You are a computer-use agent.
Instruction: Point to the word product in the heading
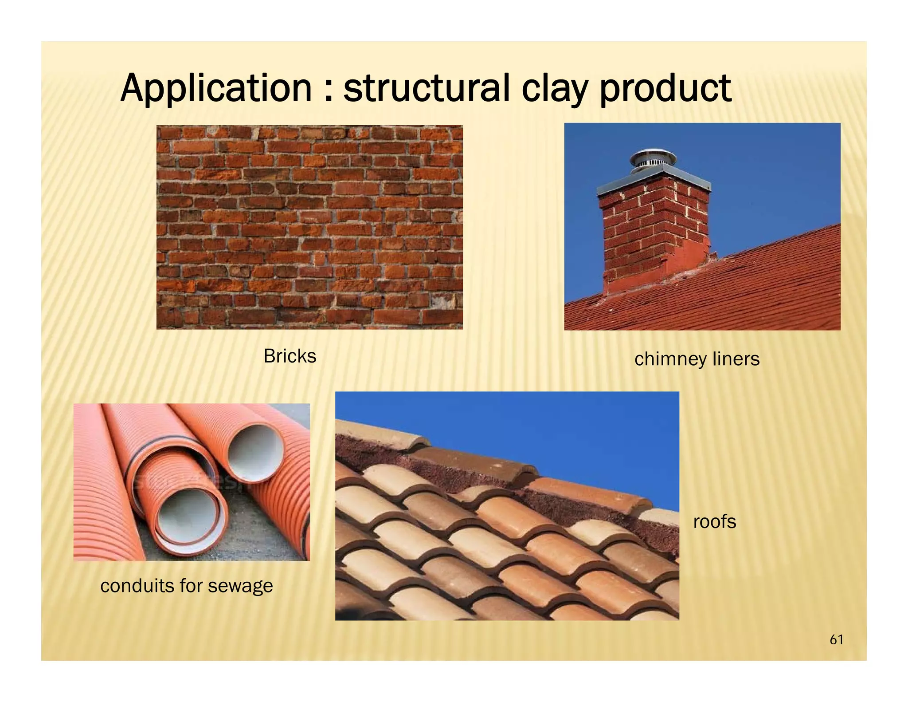coord(665,89)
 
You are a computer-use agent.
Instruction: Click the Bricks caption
coord(290,356)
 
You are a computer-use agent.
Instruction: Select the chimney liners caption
coord(697,359)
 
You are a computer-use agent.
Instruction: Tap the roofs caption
coord(714,522)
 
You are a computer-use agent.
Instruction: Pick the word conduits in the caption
coord(137,586)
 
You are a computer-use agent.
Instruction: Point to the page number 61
coord(836,640)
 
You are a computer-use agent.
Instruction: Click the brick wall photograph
coord(309,227)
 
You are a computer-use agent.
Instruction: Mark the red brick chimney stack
coord(652,235)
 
